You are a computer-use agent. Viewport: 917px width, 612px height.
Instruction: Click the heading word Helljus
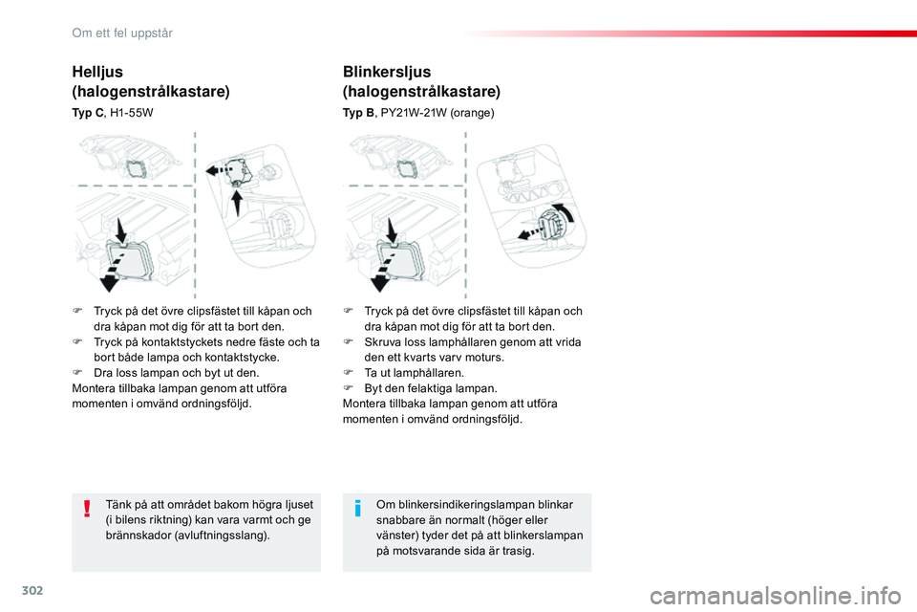pyautogui.click(x=97, y=71)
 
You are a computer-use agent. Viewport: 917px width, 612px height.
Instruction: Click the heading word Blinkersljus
pyautogui.click(x=387, y=72)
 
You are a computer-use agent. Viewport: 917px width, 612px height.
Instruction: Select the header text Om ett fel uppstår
pyautogui.click(x=121, y=33)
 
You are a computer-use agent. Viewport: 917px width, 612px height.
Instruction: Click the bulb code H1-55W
pyautogui.click(x=132, y=112)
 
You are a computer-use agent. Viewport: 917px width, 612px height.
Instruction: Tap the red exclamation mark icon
pyautogui.click(x=87, y=508)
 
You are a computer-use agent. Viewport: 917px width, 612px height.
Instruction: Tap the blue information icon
pyautogui.click(x=357, y=508)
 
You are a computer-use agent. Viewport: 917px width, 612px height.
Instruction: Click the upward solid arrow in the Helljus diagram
pyautogui.click(x=238, y=200)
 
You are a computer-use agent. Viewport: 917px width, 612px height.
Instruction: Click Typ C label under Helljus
pyautogui.click(x=88, y=112)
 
